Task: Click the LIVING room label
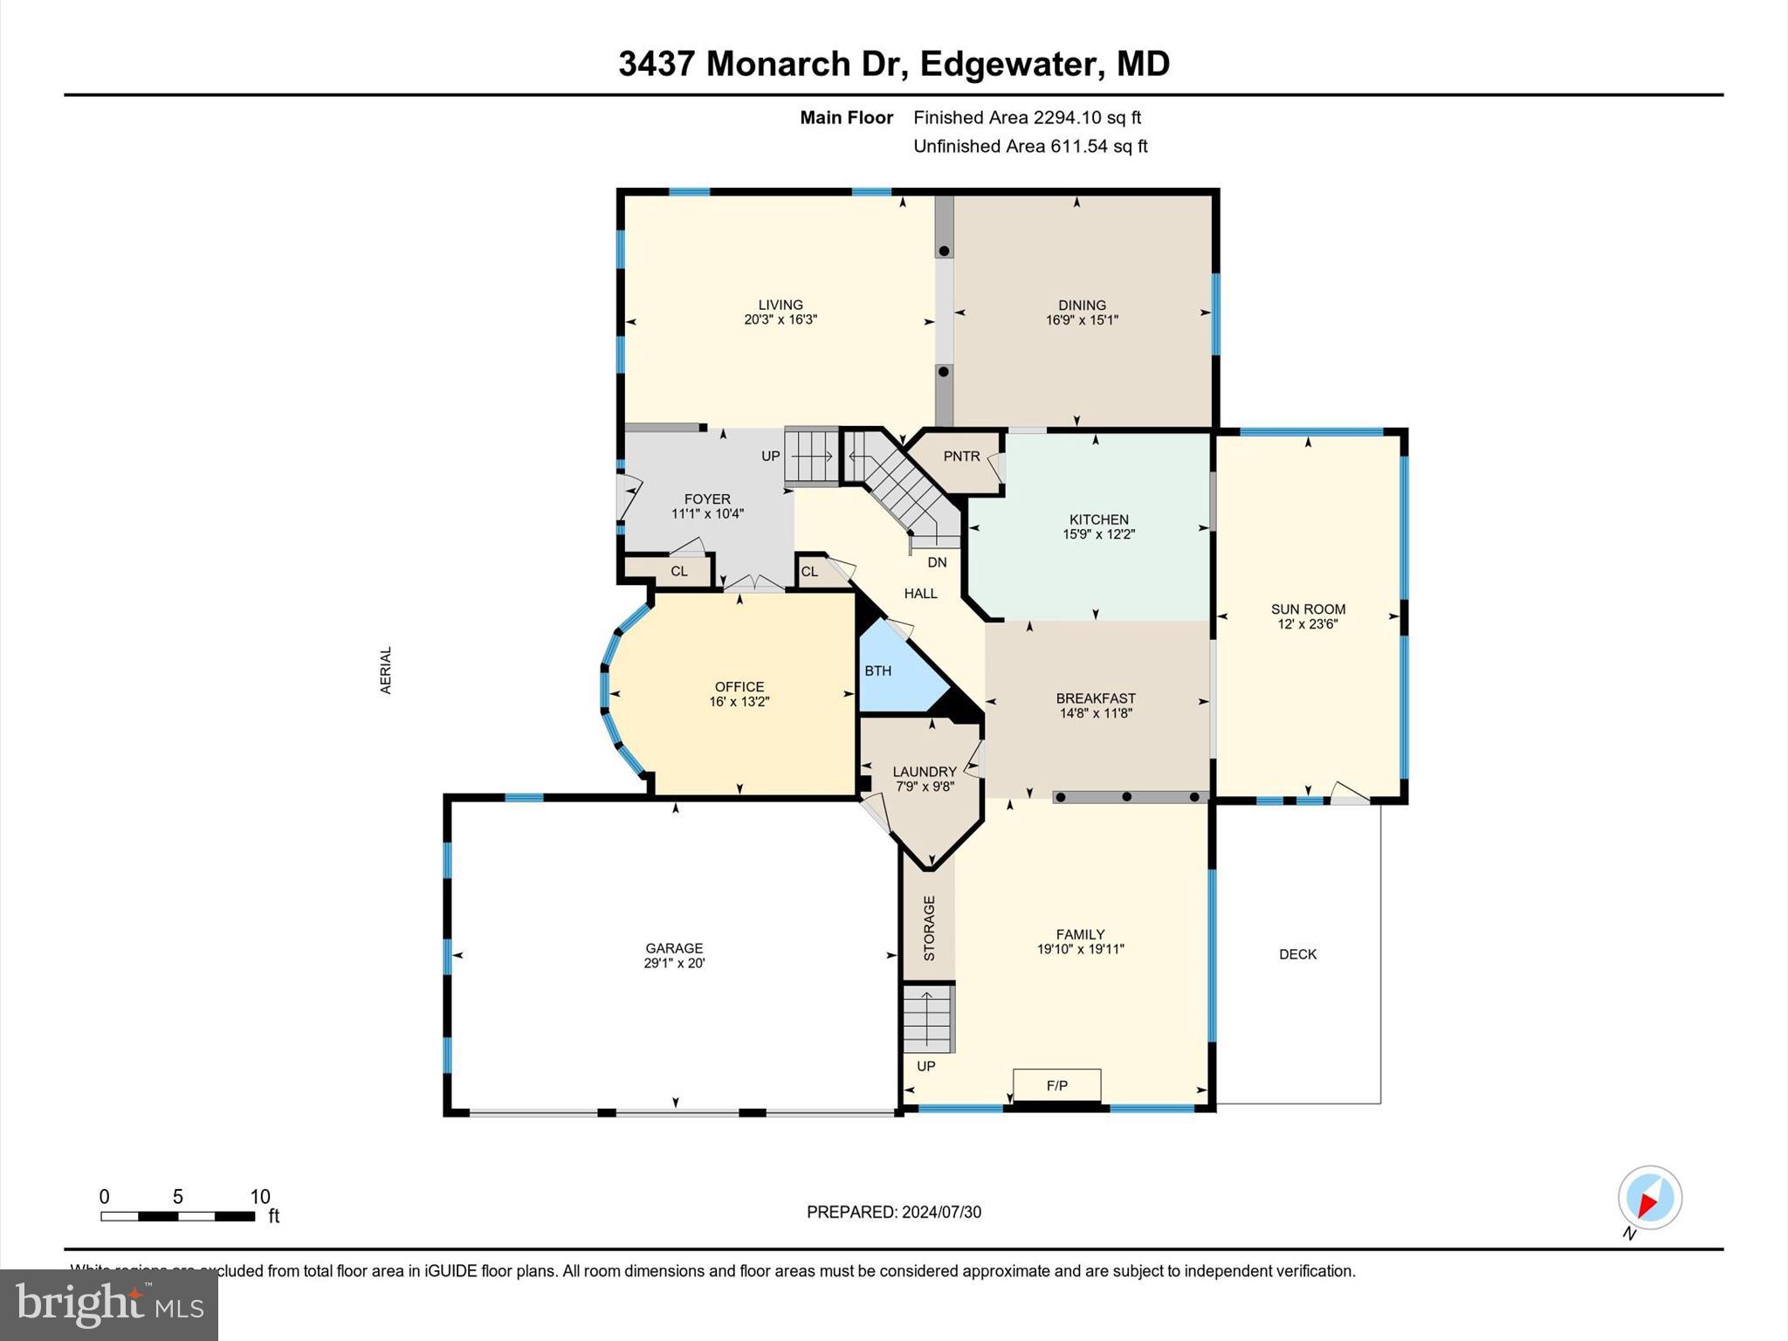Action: point(780,305)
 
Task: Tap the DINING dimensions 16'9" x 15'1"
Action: point(1082,320)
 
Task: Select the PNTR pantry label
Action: point(961,457)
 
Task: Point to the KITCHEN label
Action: point(1099,519)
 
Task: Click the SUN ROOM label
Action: point(1308,609)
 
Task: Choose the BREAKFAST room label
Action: point(1096,698)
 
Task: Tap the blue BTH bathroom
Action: point(891,670)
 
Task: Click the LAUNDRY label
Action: point(925,772)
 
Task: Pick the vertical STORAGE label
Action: point(929,928)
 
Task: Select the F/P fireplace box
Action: point(1056,1086)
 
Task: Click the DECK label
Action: point(1297,954)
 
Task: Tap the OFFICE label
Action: point(739,687)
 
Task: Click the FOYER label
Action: point(707,499)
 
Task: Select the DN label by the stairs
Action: point(937,562)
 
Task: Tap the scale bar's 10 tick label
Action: point(260,1197)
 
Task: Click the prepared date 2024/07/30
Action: point(941,1212)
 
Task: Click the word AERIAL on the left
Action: point(386,670)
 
